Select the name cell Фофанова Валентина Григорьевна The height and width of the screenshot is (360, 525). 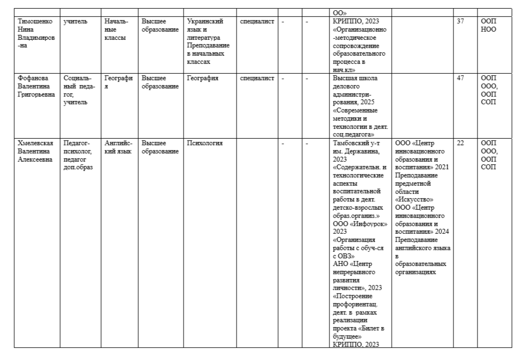[36, 86]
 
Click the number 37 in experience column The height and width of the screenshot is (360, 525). [460, 21]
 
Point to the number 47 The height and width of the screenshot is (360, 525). [460, 78]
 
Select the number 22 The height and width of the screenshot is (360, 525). [460, 143]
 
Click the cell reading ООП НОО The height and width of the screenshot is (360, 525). [488, 25]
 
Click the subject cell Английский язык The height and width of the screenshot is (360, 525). [117, 147]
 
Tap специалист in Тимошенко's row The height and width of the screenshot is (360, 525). [257, 21]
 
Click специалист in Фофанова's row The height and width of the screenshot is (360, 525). [257, 78]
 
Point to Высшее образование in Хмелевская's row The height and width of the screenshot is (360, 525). [160, 147]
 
